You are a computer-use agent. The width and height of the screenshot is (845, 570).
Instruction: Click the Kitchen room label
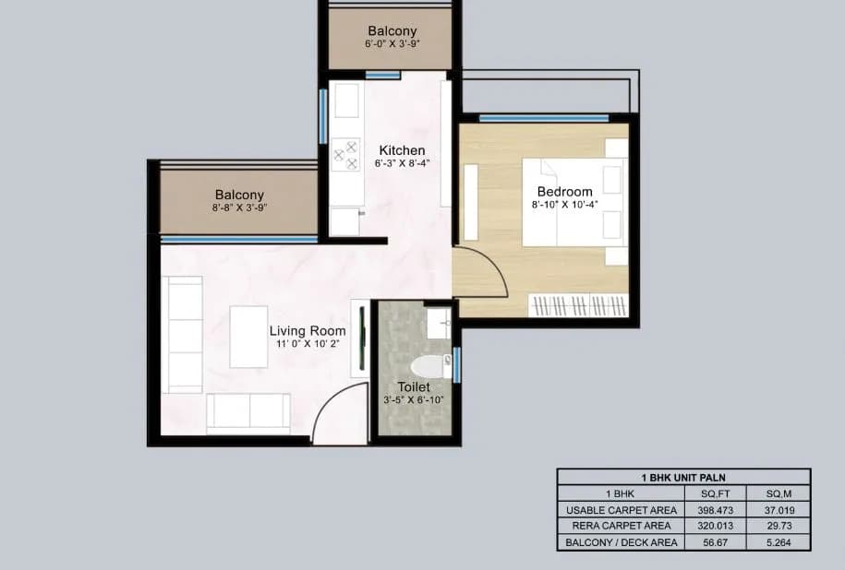[x=402, y=150]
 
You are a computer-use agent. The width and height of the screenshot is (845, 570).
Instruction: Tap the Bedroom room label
[x=564, y=192]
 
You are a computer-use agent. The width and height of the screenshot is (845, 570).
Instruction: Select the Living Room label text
[x=308, y=331]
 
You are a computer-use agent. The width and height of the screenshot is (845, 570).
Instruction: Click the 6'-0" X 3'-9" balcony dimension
[x=392, y=44]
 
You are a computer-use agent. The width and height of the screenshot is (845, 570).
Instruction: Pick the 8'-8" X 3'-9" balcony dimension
[x=239, y=208]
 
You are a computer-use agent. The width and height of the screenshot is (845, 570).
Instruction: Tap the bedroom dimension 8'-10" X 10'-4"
[x=564, y=206]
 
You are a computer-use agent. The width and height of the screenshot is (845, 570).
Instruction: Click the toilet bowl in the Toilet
[x=432, y=363]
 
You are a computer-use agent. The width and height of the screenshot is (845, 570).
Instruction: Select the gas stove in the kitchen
[x=345, y=154]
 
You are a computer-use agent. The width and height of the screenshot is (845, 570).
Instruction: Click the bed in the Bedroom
[x=573, y=202]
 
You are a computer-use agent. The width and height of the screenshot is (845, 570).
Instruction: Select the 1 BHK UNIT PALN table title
[x=683, y=477]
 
